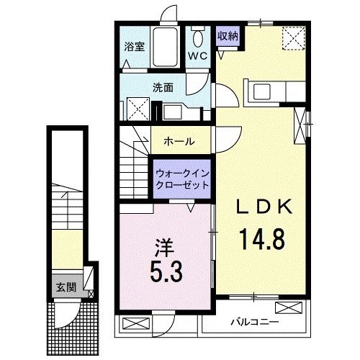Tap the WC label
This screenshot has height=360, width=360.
(198, 55)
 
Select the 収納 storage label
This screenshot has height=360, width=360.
(228, 34)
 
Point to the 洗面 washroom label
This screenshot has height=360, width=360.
(162, 87)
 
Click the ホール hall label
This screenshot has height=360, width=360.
(179, 141)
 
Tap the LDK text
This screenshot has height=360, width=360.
(265, 207)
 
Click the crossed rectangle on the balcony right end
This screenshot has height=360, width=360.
(287, 307)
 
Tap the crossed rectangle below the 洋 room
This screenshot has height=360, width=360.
(134, 322)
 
